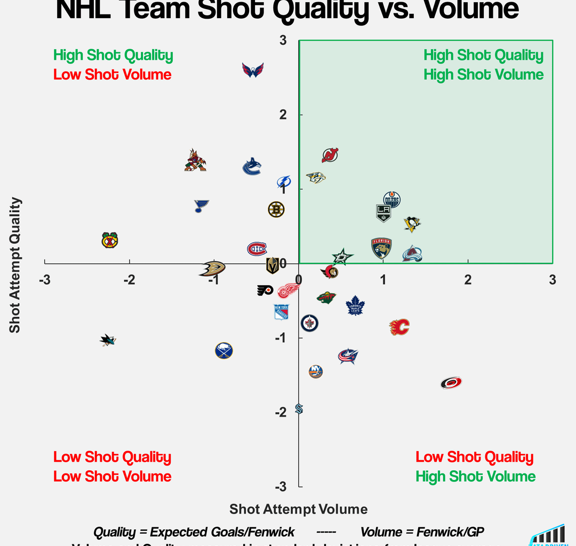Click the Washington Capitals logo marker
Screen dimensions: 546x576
coord(253,70)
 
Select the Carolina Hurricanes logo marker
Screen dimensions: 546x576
coord(451,382)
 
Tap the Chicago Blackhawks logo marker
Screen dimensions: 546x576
coord(110,240)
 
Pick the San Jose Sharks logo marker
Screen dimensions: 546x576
coord(108,340)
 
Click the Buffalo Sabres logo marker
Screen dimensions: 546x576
coord(224,350)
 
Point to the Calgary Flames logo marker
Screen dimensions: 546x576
coord(399,327)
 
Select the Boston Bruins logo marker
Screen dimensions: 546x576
coord(276,210)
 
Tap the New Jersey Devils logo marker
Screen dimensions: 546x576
coord(330,155)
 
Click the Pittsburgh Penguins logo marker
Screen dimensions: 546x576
coord(412,224)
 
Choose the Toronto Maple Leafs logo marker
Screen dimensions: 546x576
coord(355,306)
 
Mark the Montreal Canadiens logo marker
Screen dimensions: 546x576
coord(257,248)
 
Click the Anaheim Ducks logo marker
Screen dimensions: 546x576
coord(212,268)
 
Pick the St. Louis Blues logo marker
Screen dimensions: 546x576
coord(201,206)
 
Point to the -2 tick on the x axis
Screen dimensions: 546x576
coord(129,280)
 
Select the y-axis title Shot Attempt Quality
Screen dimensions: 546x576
coord(15,265)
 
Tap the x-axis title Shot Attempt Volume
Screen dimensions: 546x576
coord(298,509)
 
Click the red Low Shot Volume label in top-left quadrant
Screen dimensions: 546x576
coord(113,75)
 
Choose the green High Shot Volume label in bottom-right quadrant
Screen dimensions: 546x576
coord(476,476)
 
